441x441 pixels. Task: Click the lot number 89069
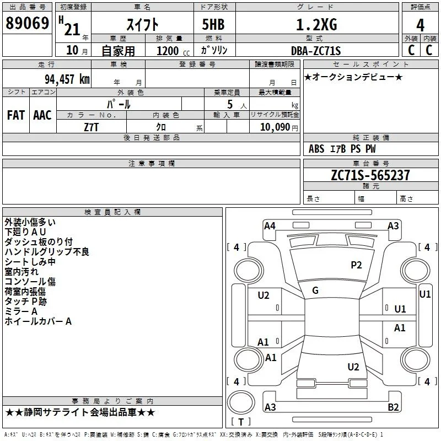pyautogui.click(x=27, y=23)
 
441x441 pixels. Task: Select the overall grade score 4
pyautogui.click(x=420, y=25)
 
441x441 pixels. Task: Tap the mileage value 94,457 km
pyautogui.click(x=67, y=79)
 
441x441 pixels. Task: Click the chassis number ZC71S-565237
pyautogui.click(x=370, y=175)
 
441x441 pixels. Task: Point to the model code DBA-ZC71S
pyautogui.click(x=316, y=51)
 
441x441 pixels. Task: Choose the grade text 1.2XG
pyautogui.click(x=316, y=25)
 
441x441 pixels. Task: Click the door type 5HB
pyautogui.click(x=213, y=24)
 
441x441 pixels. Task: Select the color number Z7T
pyautogui.click(x=91, y=127)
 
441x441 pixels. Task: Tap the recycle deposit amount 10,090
pyautogui.click(x=275, y=127)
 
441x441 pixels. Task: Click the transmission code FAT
pyautogui.click(x=16, y=115)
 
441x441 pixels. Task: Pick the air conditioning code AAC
pyautogui.click(x=42, y=115)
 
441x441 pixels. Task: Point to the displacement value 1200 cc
pyautogui.click(x=173, y=51)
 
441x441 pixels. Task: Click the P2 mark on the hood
pyautogui.click(x=356, y=265)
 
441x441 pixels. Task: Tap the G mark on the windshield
pyautogui.click(x=315, y=291)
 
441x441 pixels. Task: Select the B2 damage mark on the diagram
pyautogui.click(x=393, y=407)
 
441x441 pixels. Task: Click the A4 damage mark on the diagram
pyautogui.click(x=270, y=226)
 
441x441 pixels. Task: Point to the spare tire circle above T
pyautogui.click(x=241, y=402)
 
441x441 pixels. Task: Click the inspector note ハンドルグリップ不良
pyautogui.click(x=47, y=252)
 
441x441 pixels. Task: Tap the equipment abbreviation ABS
pyautogui.click(x=316, y=149)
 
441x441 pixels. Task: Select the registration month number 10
pyautogui.click(x=72, y=50)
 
